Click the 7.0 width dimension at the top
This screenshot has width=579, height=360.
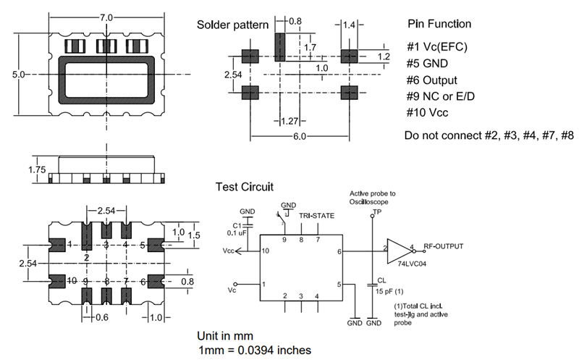click(x=106, y=17)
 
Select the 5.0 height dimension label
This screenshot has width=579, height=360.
click(x=19, y=75)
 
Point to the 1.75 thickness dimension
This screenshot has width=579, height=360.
click(x=37, y=169)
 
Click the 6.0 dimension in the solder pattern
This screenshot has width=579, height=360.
click(x=300, y=136)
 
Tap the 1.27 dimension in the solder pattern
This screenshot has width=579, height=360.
click(x=289, y=121)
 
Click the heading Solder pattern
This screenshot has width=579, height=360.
click(x=232, y=25)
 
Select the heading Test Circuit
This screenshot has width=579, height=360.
click(x=245, y=187)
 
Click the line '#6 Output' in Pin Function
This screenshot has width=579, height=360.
click(x=431, y=80)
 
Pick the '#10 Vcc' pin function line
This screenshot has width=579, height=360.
click(x=427, y=112)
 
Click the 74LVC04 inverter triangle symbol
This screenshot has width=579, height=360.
click(x=400, y=251)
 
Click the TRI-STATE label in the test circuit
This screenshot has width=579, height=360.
click(x=316, y=215)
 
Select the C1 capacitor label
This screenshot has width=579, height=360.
click(x=237, y=226)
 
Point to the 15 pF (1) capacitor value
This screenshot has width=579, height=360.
click(x=389, y=291)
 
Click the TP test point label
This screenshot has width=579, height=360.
click(x=377, y=212)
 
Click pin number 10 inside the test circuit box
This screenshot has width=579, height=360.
click(x=265, y=251)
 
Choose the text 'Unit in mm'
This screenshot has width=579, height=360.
click(x=225, y=336)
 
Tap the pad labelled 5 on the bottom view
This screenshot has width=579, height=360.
click(x=156, y=245)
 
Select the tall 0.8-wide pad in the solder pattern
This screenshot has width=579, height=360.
click(x=280, y=47)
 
